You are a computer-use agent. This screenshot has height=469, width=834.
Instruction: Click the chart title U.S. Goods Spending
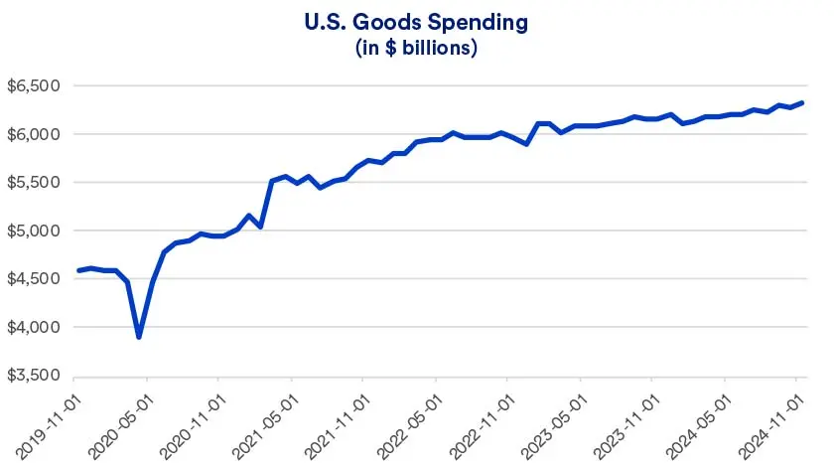417,21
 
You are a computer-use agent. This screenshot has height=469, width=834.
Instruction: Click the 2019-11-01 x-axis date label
50,422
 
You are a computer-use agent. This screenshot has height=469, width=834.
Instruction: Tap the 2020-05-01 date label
121,422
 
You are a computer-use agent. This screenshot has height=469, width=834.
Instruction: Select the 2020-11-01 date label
194,422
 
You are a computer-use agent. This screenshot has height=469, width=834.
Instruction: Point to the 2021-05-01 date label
265,422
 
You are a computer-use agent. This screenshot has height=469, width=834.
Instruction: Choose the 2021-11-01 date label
338,422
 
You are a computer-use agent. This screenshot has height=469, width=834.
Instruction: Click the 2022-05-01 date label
409,422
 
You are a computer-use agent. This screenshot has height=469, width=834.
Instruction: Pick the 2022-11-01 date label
482,422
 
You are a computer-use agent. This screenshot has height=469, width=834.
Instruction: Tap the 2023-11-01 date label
625,422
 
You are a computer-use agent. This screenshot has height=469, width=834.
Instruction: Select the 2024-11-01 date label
769,422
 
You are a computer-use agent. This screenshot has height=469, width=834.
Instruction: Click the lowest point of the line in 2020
139,337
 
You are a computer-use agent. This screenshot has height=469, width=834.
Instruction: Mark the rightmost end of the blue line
803,102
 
